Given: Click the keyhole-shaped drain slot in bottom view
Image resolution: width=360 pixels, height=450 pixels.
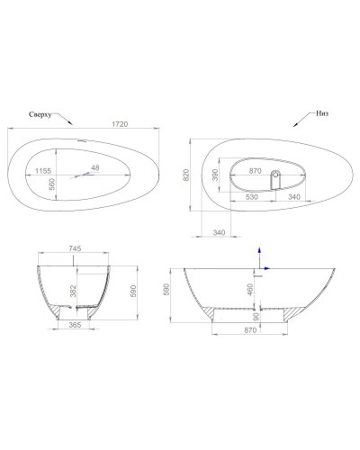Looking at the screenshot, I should (x=277, y=175).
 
